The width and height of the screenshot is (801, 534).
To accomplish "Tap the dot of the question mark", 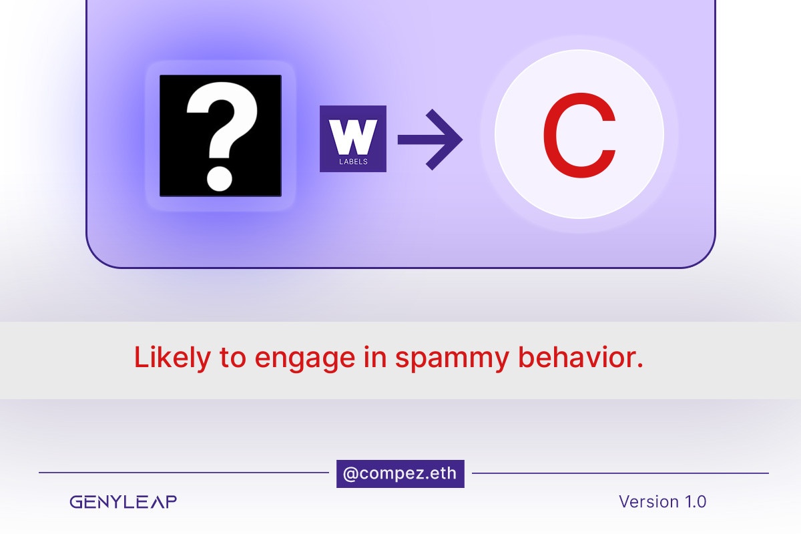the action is pos(220,179).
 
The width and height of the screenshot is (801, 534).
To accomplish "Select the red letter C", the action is pos(579,135).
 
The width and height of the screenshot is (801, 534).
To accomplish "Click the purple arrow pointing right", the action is pos(430,140).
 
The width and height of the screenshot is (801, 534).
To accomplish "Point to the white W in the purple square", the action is pos(353,137).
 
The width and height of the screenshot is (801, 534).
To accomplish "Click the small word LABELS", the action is pos(353,162).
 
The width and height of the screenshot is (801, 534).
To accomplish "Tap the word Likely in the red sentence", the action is pos(172,358).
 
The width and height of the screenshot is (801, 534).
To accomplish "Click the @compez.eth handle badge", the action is pos(400,473).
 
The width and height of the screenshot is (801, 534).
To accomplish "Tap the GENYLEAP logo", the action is pos(123,502).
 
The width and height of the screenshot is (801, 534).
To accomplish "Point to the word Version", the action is pos(649,501).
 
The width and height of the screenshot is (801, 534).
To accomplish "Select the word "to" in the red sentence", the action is pos(233,358).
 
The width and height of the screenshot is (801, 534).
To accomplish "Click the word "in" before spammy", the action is pos(375,356).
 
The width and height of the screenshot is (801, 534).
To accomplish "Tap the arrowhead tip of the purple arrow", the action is pos(463,140).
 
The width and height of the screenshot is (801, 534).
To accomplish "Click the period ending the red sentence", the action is pos(639,365).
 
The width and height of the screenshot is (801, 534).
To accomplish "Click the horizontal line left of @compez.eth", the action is pos(184,473).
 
